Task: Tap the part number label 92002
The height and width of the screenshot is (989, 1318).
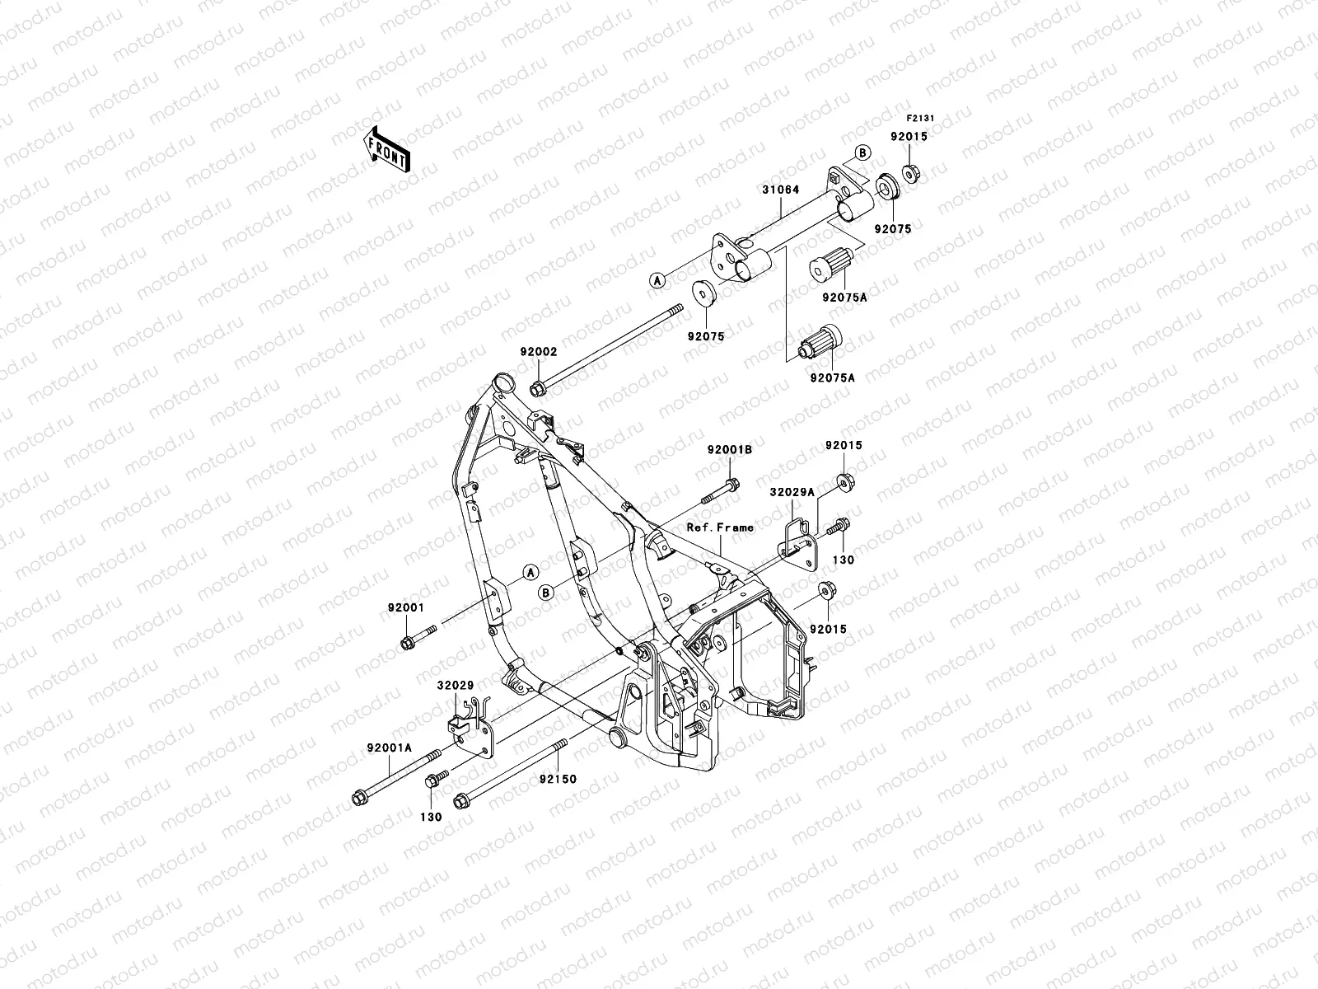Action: click(x=538, y=351)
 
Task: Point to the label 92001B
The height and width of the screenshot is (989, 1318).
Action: click(x=730, y=450)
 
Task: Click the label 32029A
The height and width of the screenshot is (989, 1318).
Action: click(x=792, y=491)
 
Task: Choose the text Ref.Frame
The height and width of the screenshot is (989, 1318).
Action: click(x=720, y=527)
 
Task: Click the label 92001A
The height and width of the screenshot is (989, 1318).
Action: click(x=389, y=749)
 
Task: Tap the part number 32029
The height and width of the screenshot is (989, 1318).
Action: click(x=455, y=684)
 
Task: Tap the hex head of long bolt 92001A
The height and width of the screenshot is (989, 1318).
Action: click(x=359, y=797)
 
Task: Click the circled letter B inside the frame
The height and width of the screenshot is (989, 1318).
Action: click(x=544, y=592)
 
